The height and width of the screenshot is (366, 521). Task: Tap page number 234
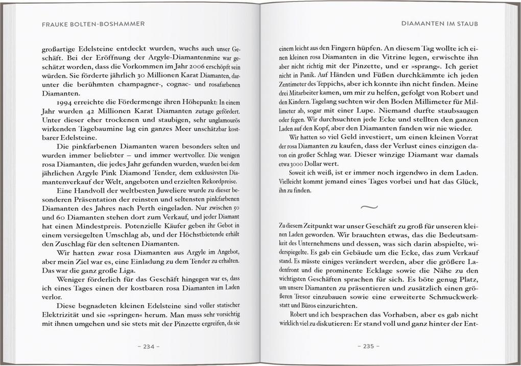click(x=148, y=347)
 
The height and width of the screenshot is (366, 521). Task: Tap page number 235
click(x=369, y=347)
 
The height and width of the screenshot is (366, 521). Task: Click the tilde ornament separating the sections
click(x=369, y=207)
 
